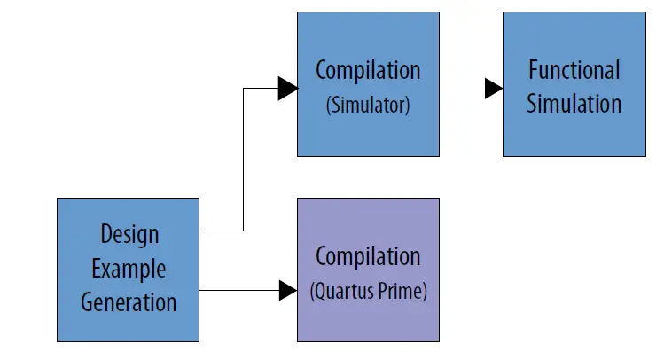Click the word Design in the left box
129,234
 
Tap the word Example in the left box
129,268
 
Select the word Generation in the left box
129,301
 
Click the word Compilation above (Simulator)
367,70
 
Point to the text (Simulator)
367,105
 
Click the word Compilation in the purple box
367,256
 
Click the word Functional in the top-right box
574,70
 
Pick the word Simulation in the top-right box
574,104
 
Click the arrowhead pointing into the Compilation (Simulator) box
287,88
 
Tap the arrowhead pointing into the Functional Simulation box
494,88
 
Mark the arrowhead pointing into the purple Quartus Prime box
287,290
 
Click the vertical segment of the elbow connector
243,160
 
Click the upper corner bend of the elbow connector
243,88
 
